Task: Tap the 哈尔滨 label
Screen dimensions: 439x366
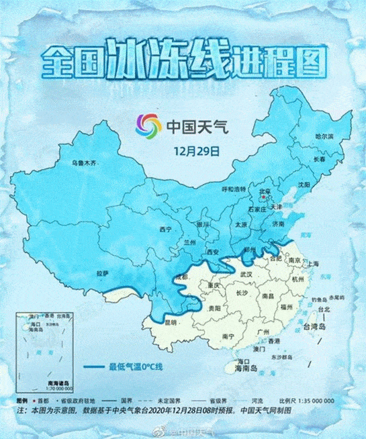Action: tap(324, 136)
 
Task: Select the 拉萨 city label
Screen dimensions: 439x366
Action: tap(103, 274)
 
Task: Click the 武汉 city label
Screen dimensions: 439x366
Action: tap(246, 275)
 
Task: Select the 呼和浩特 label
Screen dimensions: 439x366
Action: tap(234, 189)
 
